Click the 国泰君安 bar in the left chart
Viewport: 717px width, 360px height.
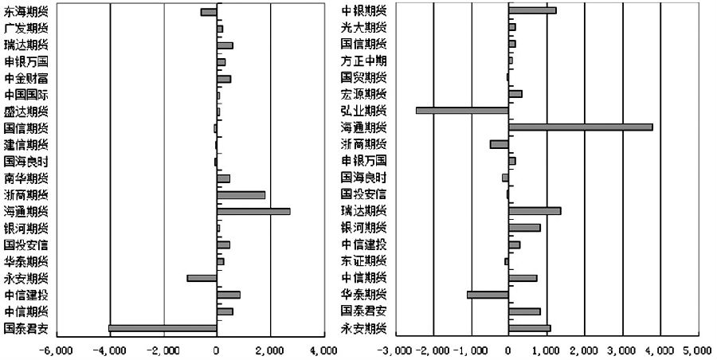pyautogui.click(x=163, y=328)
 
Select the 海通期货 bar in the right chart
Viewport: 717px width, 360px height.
pyautogui.click(x=580, y=127)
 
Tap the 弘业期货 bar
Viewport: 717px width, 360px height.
pyautogui.click(x=462, y=110)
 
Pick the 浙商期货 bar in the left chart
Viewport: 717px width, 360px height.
pyautogui.click(x=241, y=194)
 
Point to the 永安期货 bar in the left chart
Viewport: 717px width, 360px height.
pyautogui.click(x=202, y=278)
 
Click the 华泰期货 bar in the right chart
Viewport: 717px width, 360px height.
pyautogui.click(x=488, y=295)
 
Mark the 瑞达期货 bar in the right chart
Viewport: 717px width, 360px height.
pyautogui.click(x=535, y=211)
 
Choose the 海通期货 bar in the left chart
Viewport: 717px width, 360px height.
pyautogui.click(x=253, y=211)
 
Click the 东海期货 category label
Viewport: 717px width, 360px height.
pyautogui.click(x=25, y=11)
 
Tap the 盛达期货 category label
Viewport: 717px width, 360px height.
pyautogui.click(x=25, y=112)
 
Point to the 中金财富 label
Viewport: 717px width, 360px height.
pyautogui.click(x=25, y=78)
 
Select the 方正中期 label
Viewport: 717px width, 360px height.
pyautogui.click(x=364, y=61)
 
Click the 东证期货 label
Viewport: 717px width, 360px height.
pyautogui.click(x=364, y=261)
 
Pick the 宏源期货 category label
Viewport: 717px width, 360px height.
pyautogui.click(x=364, y=94)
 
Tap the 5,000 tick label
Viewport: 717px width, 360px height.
pyautogui.click(x=696, y=350)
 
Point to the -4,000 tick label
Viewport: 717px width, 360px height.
pyautogui.click(x=110, y=350)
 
